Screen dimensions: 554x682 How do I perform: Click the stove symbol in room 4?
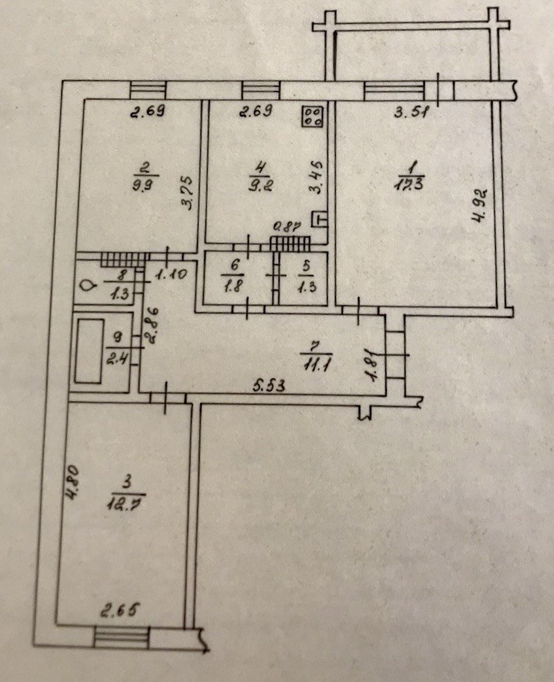point(312,116)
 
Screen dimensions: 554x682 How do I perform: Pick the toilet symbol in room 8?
point(87,284)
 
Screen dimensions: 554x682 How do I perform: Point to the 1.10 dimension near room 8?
point(169,275)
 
